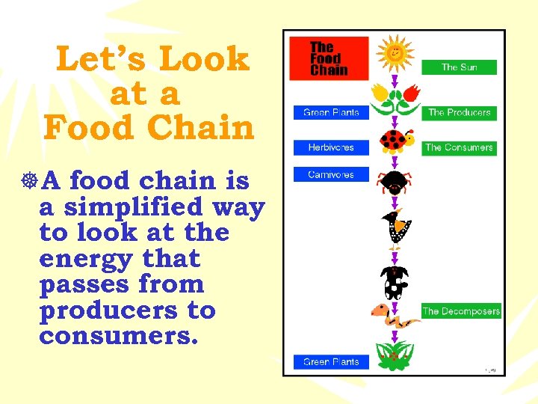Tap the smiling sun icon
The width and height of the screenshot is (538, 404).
tap(395, 52)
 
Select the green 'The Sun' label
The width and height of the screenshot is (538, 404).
tap(459, 67)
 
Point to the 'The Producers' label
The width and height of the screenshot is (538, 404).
tap(459, 113)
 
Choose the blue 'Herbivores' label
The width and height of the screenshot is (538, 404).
tap(331, 147)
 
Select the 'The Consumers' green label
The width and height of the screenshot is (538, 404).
tap(459, 147)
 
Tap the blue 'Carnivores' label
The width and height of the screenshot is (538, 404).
tap(331, 175)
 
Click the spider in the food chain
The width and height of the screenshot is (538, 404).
tap(394, 181)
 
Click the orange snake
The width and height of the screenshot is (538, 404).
tap(394, 316)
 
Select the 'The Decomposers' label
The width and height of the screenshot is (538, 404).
tap(461, 311)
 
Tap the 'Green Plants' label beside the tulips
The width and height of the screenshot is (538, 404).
tap(331, 113)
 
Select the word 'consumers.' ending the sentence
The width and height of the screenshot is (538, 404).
tap(119, 336)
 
